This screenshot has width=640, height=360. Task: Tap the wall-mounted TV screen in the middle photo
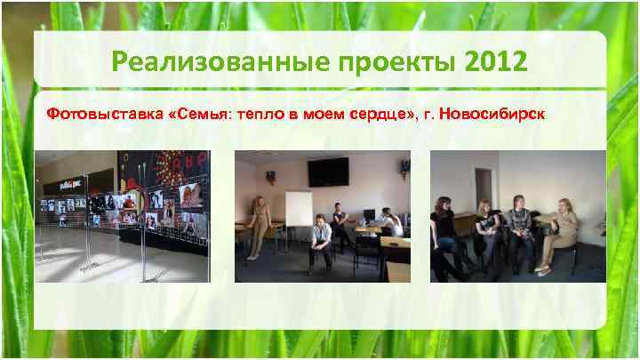(328, 170)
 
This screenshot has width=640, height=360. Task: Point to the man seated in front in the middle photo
(321, 244)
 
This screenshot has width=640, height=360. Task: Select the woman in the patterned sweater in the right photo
(520, 233)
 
